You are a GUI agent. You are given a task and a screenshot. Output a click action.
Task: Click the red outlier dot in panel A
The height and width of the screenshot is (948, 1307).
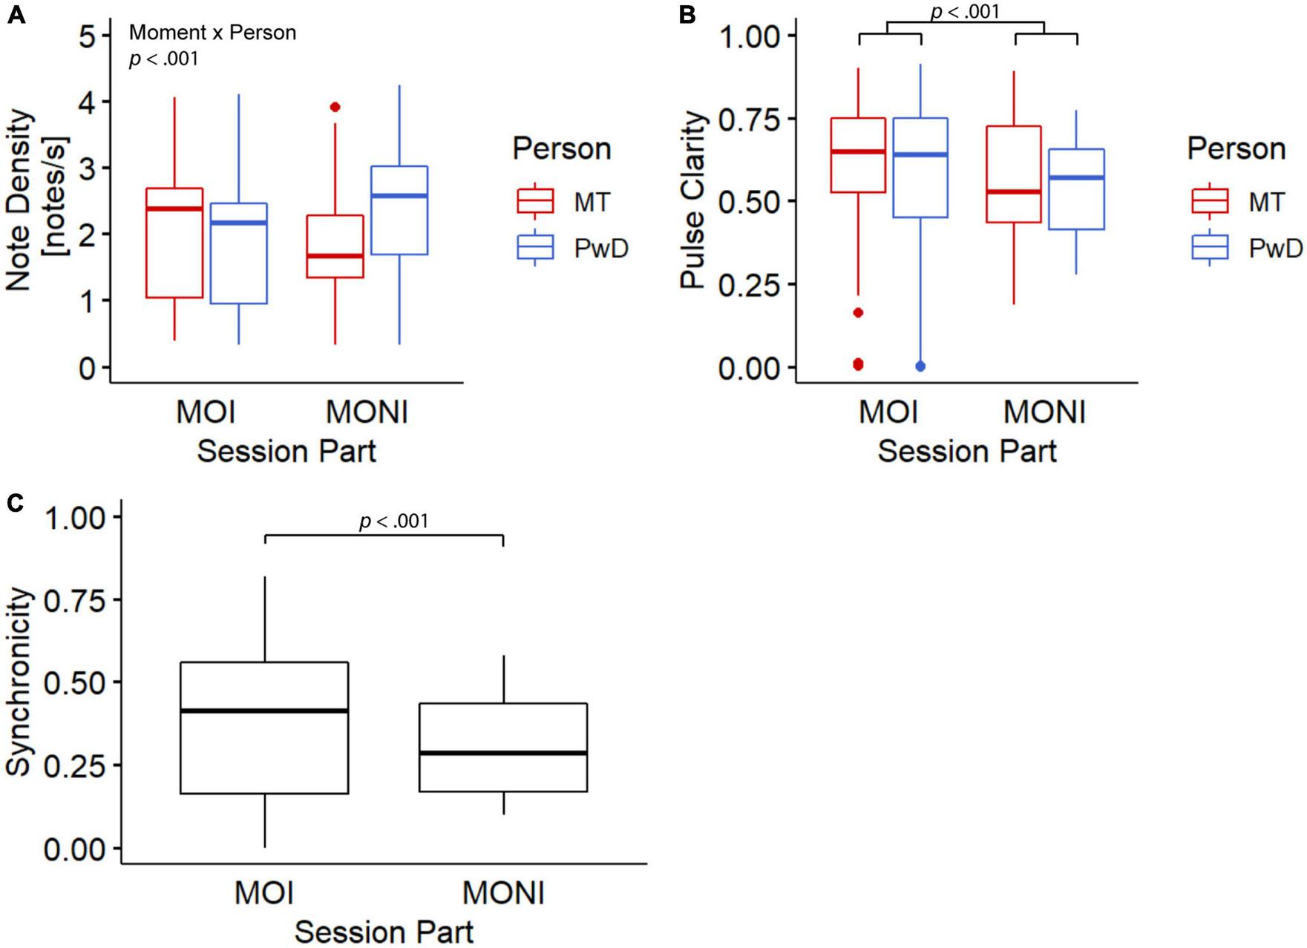335,108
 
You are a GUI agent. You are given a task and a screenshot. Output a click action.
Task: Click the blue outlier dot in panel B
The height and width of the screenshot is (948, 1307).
920,366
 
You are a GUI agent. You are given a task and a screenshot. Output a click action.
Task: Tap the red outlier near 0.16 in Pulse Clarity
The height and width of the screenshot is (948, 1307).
859,313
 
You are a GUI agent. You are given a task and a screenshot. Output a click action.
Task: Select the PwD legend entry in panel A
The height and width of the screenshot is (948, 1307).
571,248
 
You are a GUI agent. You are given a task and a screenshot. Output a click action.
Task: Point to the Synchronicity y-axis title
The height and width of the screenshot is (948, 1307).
20,682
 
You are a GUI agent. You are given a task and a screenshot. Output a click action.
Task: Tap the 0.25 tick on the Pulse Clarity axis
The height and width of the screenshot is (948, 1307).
750,284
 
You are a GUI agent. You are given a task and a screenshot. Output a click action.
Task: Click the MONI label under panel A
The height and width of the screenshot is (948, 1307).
367,413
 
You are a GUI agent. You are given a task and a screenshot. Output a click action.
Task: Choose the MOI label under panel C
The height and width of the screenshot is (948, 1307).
264,893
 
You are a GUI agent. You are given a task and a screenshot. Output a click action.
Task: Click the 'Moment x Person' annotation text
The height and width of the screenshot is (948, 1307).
212,33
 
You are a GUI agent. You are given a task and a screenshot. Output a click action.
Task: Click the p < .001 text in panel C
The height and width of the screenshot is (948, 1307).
393,521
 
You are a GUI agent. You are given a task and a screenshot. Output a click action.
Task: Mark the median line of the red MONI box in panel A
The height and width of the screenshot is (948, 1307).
335,256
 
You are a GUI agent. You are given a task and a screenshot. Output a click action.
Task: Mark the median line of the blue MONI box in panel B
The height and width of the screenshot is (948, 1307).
1076,178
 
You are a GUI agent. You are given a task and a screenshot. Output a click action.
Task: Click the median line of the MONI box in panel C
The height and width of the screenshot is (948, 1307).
503,753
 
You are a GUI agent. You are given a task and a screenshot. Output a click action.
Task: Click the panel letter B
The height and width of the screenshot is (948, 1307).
687,13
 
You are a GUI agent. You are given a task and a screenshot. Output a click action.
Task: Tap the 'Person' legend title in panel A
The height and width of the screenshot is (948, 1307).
562,149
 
